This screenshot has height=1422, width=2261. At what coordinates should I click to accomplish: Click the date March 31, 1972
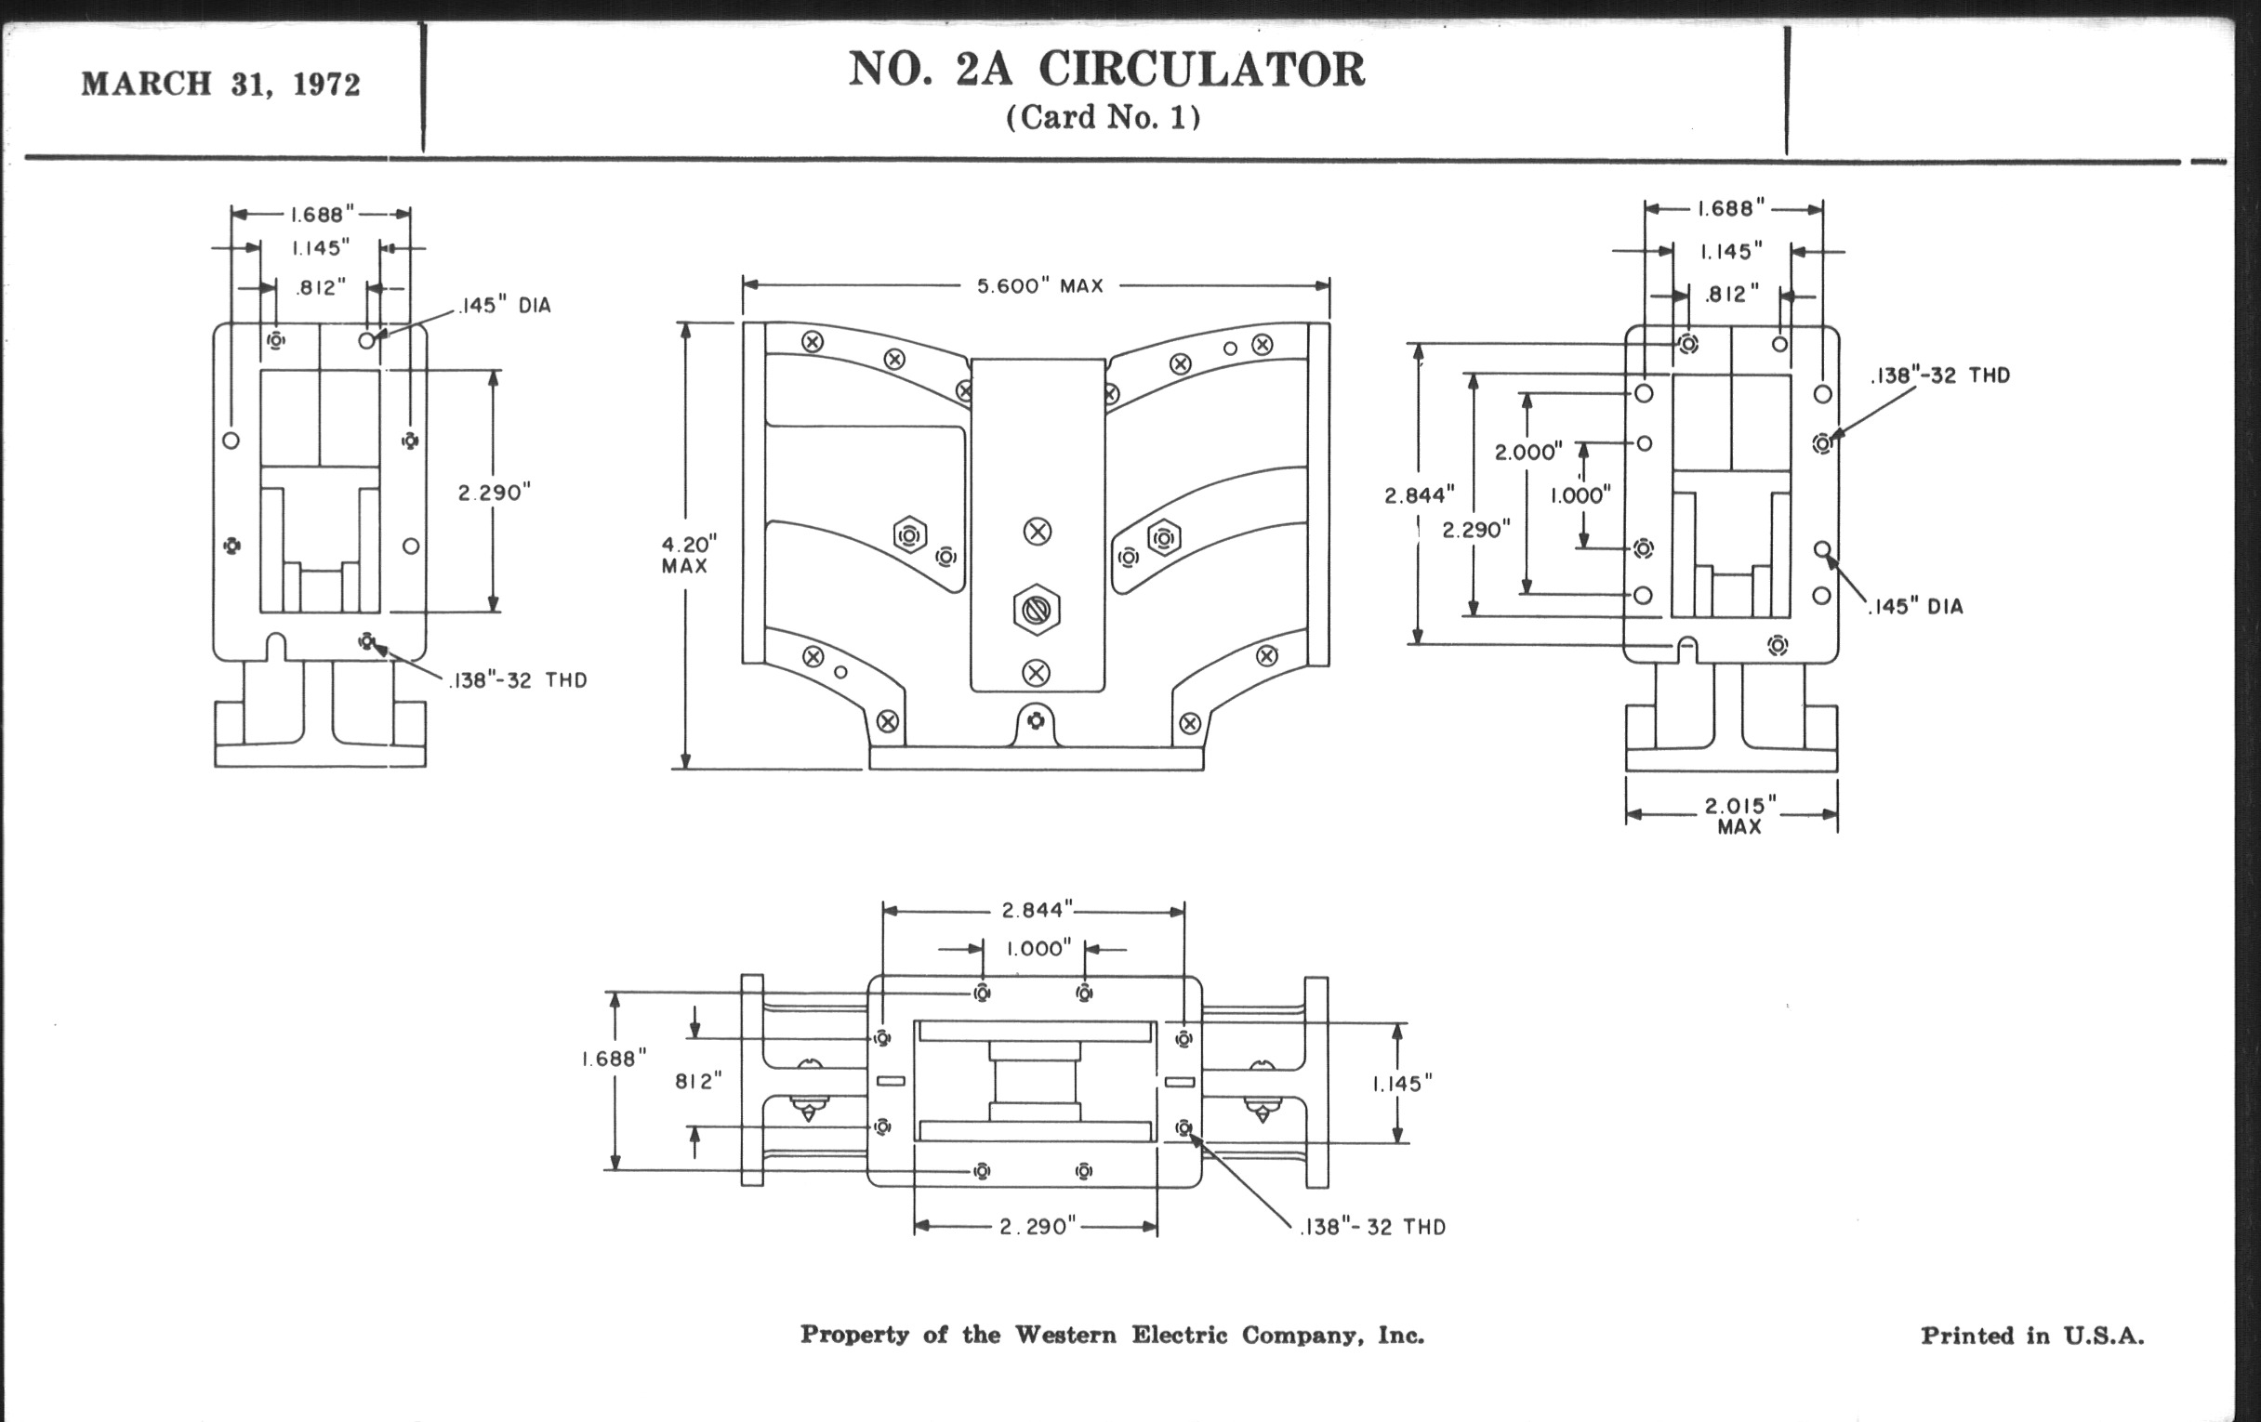(x=220, y=85)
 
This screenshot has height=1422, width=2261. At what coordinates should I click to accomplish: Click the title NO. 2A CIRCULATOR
(x=1106, y=69)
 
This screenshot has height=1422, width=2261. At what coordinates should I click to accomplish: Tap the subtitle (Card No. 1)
(x=1104, y=117)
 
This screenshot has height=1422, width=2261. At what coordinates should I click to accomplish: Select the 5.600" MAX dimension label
(x=1039, y=285)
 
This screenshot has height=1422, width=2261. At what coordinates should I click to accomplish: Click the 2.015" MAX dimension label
(x=1739, y=815)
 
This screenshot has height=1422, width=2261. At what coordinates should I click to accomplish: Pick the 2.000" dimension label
(x=1527, y=453)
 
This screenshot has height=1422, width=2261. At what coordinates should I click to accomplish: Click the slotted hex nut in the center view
(x=1037, y=610)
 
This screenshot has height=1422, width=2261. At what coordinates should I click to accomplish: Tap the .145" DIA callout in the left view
(x=505, y=306)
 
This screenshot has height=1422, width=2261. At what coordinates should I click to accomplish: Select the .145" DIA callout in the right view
(x=1915, y=606)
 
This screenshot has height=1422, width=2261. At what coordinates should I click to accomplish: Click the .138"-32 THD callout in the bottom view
(x=1373, y=1227)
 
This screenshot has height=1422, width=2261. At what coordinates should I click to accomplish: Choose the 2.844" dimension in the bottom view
(x=1036, y=910)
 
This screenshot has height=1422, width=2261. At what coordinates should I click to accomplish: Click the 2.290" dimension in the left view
(x=494, y=493)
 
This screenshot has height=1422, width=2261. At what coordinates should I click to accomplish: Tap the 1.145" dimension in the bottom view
(x=1402, y=1084)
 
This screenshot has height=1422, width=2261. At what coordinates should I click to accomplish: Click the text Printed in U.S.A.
(x=2032, y=1336)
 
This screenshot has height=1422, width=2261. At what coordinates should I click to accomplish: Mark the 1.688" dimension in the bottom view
(x=615, y=1059)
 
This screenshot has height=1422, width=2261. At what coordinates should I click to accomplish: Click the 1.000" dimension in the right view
(x=1580, y=495)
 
